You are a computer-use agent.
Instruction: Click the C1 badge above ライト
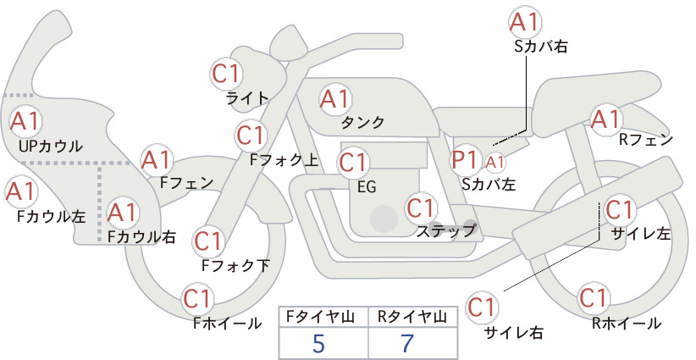click(x=226, y=73)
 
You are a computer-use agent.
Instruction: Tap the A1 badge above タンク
click(x=334, y=99)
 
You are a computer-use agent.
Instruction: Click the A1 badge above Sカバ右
click(x=526, y=22)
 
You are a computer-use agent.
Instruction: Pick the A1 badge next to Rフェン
click(x=606, y=119)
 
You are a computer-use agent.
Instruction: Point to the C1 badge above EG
click(x=353, y=161)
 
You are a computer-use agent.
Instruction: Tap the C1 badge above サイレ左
click(x=619, y=209)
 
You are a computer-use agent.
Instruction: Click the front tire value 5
click(x=318, y=343)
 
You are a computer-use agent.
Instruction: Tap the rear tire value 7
click(x=410, y=343)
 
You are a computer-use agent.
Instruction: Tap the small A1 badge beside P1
click(x=495, y=160)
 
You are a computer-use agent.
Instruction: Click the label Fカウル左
click(x=52, y=216)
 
